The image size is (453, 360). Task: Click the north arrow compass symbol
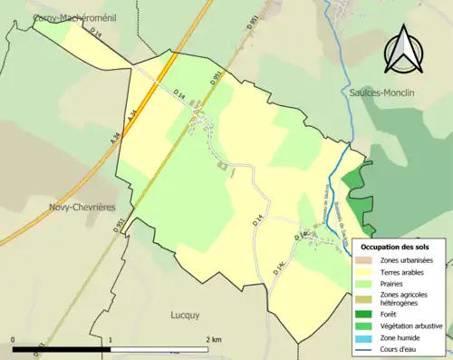pyautogui.click(x=403, y=50)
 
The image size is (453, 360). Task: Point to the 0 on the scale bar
pyautogui.click(x=14, y=339)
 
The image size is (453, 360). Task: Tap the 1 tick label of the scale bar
pyautogui.click(x=111, y=339)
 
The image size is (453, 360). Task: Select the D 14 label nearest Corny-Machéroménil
pyautogui.click(x=97, y=34)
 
